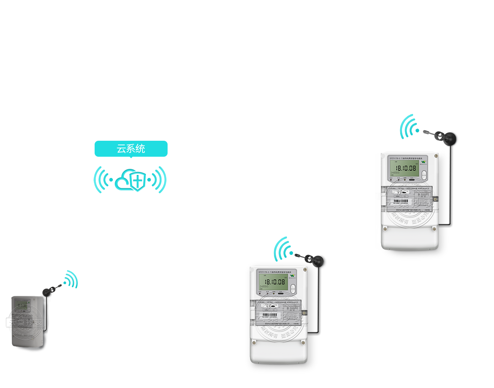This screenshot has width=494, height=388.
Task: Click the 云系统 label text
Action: (x=131, y=149)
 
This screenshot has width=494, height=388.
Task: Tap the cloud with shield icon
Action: (x=131, y=180)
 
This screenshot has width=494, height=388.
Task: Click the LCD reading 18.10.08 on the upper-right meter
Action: (x=406, y=168)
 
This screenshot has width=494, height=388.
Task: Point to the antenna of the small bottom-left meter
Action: (x=48, y=291)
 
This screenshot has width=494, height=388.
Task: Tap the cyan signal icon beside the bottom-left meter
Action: (x=71, y=280)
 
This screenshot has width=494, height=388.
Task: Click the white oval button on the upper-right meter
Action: (x=424, y=175)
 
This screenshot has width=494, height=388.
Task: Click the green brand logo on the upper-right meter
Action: (x=423, y=162)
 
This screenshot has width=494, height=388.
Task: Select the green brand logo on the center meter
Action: (x=292, y=276)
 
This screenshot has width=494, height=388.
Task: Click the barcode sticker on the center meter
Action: (x=270, y=315)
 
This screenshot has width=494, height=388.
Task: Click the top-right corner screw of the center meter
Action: (x=305, y=270)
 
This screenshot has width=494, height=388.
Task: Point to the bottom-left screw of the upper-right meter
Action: (x=385, y=229)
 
